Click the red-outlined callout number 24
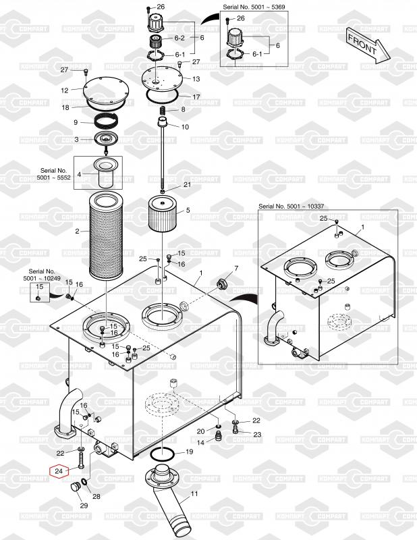(x=59, y=470)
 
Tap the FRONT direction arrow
(x=368, y=45)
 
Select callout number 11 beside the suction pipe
(x=194, y=493)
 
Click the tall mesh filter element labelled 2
(x=106, y=236)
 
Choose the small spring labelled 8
(x=163, y=111)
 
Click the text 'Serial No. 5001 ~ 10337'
(x=291, y=206)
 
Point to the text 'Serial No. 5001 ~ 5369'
(x=254, y=7)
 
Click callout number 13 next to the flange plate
(x=196, y=79)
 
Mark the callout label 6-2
(x=179, y=38)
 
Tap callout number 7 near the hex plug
(x=236, y=268)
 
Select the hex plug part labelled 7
(x=221, y=284)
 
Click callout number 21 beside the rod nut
(x=187, y=184)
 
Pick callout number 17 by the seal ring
(x=196, y=97)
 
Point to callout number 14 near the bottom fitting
(x=200, y=442)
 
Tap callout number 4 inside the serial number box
(x=79, y=174)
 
